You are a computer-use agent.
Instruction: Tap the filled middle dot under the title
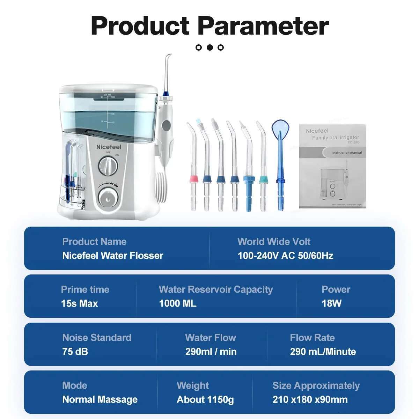[209, 47]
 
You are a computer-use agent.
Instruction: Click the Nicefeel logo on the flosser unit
[109, 147]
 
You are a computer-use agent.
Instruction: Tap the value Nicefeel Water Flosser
[112, 256]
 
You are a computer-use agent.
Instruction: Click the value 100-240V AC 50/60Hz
[285, 256]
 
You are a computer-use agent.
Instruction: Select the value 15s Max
[79, 303]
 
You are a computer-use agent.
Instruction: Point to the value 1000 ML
[177, 303]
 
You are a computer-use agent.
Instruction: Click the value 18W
[331, 303]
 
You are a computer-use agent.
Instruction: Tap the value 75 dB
[75, 352]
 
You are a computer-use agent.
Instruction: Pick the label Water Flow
[210, 338]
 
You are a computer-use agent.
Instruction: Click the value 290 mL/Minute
[323, 352]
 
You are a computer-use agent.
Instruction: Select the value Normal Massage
[100, 399]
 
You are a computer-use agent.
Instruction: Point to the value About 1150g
[205, 399]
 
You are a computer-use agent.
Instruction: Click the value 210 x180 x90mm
[310, 399]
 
